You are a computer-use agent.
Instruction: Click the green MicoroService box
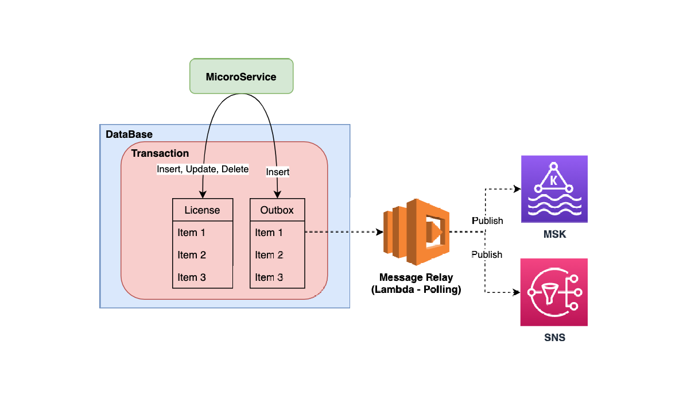[241, 76]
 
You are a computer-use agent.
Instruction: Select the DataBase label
[129, 134]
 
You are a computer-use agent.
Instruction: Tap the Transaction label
[160, 153]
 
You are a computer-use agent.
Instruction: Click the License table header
[202, 210]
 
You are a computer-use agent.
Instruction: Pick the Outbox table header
[277, 210]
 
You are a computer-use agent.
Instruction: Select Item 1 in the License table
[192, 233]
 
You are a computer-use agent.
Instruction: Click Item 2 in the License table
[192, 255]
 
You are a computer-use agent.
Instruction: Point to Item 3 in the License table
[192, 277]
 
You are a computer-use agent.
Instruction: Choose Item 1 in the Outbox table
[269, 233]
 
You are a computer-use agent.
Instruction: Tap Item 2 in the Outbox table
[269, 255]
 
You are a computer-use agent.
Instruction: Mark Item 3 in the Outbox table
[269, 277]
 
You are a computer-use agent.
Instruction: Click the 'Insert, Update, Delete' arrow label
[203, 169]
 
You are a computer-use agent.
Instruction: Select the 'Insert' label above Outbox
[278, 172]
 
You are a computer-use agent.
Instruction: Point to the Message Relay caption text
[416, 284]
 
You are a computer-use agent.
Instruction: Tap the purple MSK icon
[554, 189]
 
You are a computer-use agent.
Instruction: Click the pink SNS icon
[554, 292]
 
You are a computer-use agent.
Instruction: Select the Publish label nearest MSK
[487, 221]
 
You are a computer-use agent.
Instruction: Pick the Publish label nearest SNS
[487, 254]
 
